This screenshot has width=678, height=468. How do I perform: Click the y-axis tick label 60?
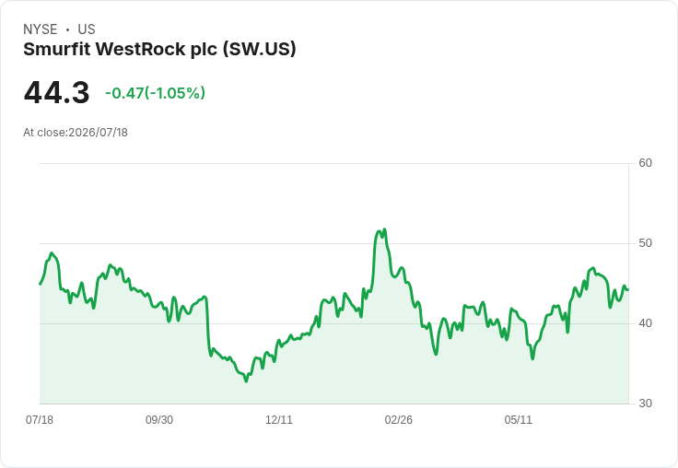(645, 163)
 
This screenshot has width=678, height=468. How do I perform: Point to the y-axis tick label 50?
(645, 243)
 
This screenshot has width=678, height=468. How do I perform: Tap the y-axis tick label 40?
(645, 323)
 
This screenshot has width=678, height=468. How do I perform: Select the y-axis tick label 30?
(645, 404)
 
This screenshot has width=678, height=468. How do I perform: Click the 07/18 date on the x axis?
(40, 419)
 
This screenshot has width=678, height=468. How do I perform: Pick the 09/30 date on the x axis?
(159, 419)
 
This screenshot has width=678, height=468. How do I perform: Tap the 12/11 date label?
(279, 419)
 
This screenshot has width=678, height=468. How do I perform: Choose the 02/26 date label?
(398, 419)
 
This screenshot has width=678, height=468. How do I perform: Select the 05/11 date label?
(518, 419)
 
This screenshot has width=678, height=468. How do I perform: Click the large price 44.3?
(56, 92)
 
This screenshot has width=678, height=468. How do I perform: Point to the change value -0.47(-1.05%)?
(156, 93)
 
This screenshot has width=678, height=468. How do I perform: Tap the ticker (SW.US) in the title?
(260, 50)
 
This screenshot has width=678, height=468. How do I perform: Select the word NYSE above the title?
(41, 29)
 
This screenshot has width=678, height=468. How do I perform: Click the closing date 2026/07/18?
(99, 133)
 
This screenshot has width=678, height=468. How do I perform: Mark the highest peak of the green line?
(384, 229)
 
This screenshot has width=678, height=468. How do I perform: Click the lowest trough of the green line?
(246, 381)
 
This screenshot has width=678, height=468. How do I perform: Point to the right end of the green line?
(628, 290)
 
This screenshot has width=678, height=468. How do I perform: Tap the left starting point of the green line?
(41, 284)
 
